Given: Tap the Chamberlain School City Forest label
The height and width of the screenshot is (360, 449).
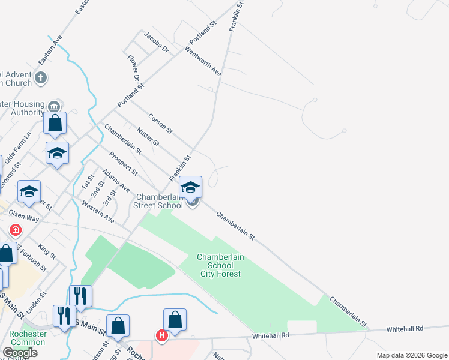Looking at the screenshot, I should point(220,265).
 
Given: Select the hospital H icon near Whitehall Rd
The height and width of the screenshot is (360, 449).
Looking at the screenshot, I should point(161,336).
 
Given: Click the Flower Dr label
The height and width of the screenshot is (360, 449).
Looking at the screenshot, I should point(133,68).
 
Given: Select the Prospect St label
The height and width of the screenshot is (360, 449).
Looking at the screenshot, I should point(123,163).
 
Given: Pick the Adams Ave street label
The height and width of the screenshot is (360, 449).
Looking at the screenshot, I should point(116,181).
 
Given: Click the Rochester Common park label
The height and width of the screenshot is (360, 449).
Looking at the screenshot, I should point(28,338).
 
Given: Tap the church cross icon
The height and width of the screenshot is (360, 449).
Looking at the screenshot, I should point(41,77).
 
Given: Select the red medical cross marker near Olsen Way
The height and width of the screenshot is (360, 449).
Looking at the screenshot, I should point(16,230).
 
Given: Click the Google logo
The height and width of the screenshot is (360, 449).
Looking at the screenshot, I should point(19,352).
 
